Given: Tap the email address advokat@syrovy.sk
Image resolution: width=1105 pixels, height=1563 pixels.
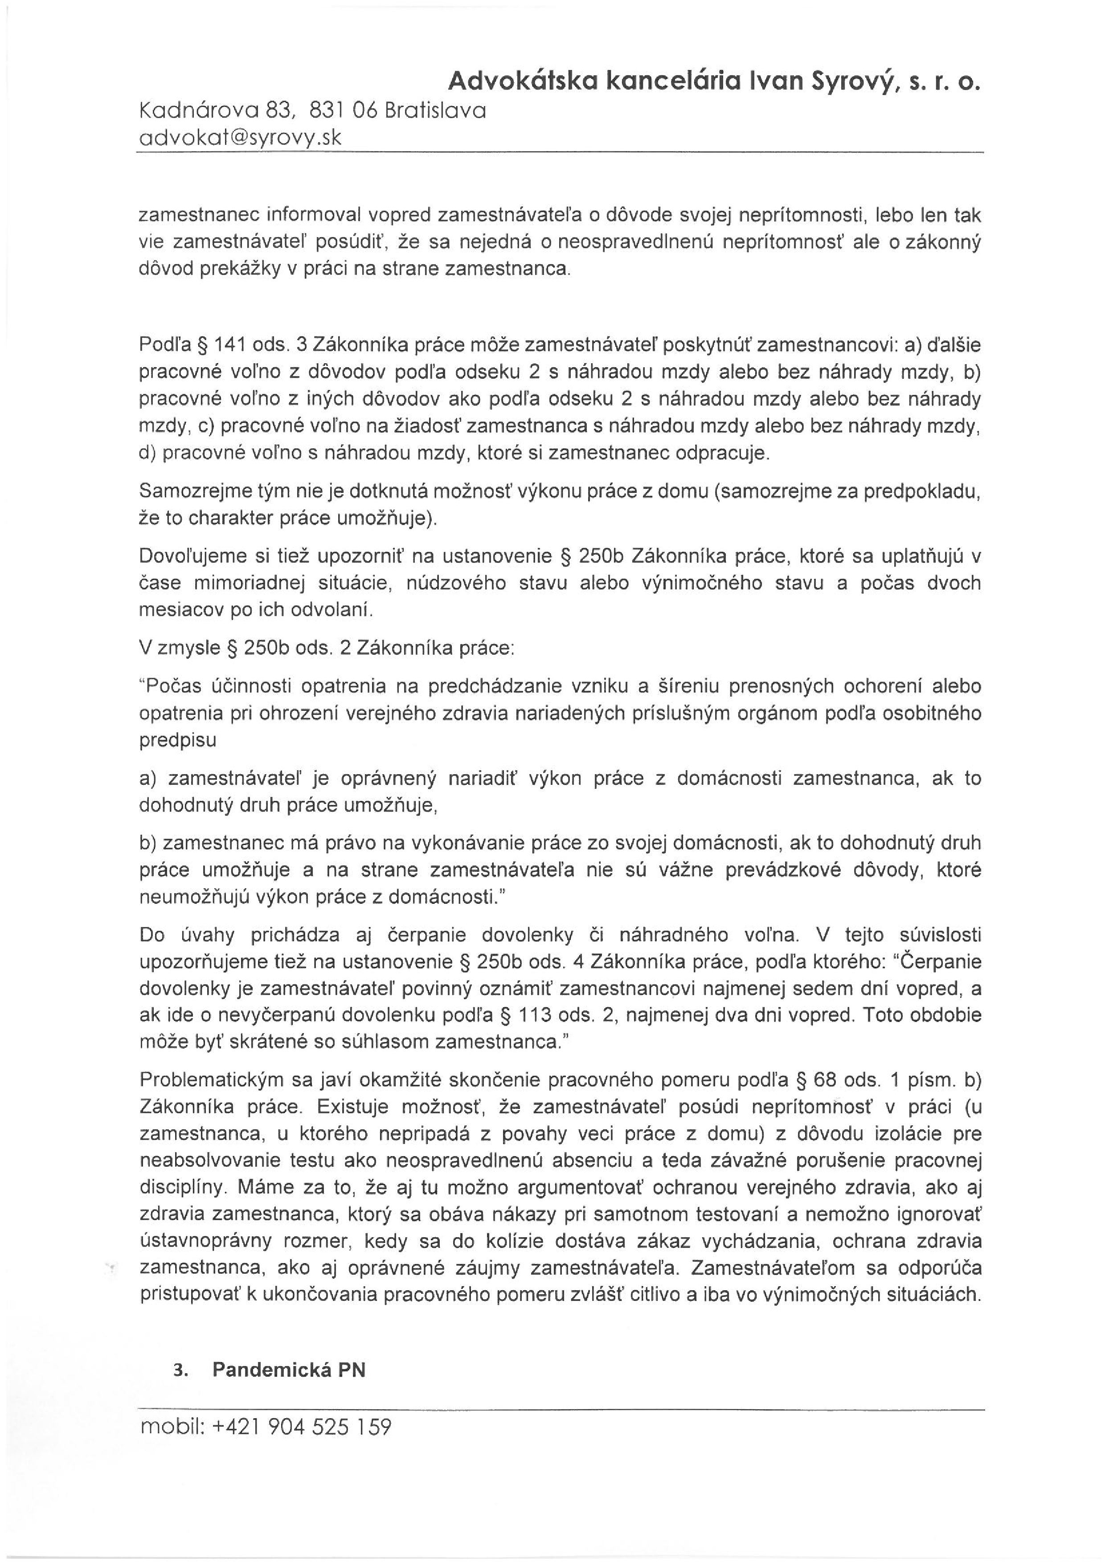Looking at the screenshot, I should point(240,138).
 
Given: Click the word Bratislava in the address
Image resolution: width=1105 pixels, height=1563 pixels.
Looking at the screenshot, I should point(435,111).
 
